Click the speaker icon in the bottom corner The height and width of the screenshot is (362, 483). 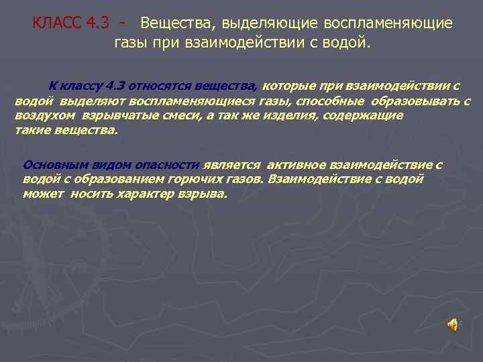(453, 324)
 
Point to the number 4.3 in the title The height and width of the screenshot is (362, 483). (99, 23)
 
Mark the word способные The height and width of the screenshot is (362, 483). (331, 101)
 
